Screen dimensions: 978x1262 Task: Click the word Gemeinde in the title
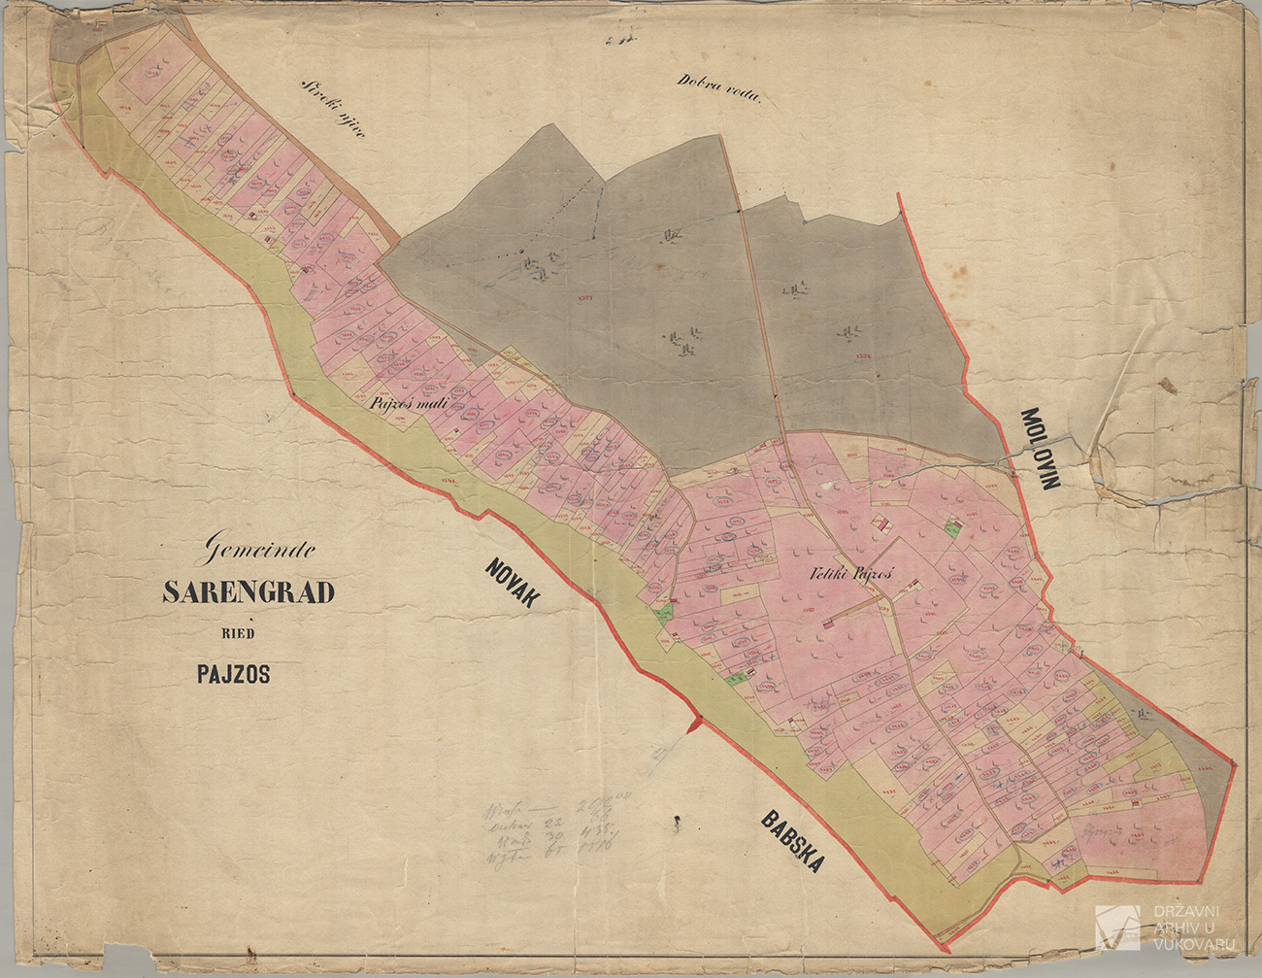(257, 553)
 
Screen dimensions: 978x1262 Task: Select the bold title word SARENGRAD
(248, 592)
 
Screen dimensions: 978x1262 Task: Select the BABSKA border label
(793, 842)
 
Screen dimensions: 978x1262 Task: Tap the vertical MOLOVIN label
(1041, 448)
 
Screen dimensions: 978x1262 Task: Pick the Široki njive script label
(332, 110)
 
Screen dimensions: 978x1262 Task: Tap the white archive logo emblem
(1117, 927)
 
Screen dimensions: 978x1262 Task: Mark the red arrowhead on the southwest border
(692, 724)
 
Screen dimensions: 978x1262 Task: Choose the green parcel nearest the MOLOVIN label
(951, 525)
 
